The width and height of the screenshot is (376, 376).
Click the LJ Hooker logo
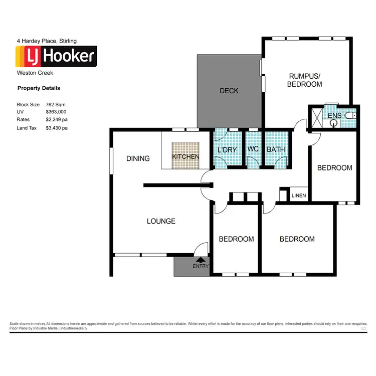click(x=57, y=57)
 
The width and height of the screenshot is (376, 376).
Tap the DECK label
click(x=229, y=91)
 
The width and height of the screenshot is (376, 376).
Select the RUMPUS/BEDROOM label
click(x=304, y=80)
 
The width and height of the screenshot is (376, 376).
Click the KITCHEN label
click(x=185, y=157)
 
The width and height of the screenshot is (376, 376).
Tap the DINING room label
click(x=138, y=158)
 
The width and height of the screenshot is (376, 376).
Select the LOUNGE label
click(x=161, y=221)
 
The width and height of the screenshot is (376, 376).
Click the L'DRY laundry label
click(x=227, y=150)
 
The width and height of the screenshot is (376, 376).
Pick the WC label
click(x=253, y=150)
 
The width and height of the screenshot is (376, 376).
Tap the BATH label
click(x=276, y=150)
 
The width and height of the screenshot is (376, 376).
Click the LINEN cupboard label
click(x=299, y=196)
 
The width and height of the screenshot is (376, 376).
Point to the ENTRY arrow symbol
click(x=201, y=260)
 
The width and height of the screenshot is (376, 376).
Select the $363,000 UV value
click(x=56, y=112)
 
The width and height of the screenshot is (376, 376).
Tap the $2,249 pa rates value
click(x=57, y=120)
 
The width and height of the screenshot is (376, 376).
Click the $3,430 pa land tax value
click(x=57, y=128)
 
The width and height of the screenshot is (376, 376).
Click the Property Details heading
click(x=39, y=88)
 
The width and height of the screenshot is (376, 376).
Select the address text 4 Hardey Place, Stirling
click(x=47, y=41)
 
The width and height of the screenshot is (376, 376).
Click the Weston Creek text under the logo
click(x=35, y=73)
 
